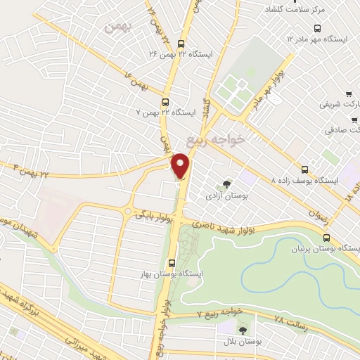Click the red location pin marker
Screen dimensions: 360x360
[181, 166]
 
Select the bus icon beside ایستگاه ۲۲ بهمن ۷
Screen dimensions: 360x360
[165, 101]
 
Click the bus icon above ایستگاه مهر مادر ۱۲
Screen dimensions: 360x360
[318, 29]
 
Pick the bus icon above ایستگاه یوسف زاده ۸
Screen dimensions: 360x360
[304, 169]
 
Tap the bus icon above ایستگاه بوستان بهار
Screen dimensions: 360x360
[172, 263]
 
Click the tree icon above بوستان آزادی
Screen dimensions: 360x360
[226, 184]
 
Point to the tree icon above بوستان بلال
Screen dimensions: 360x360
[243, 330]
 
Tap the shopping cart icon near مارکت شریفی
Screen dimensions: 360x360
[349, 94]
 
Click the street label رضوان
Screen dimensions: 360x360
[319, 205]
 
